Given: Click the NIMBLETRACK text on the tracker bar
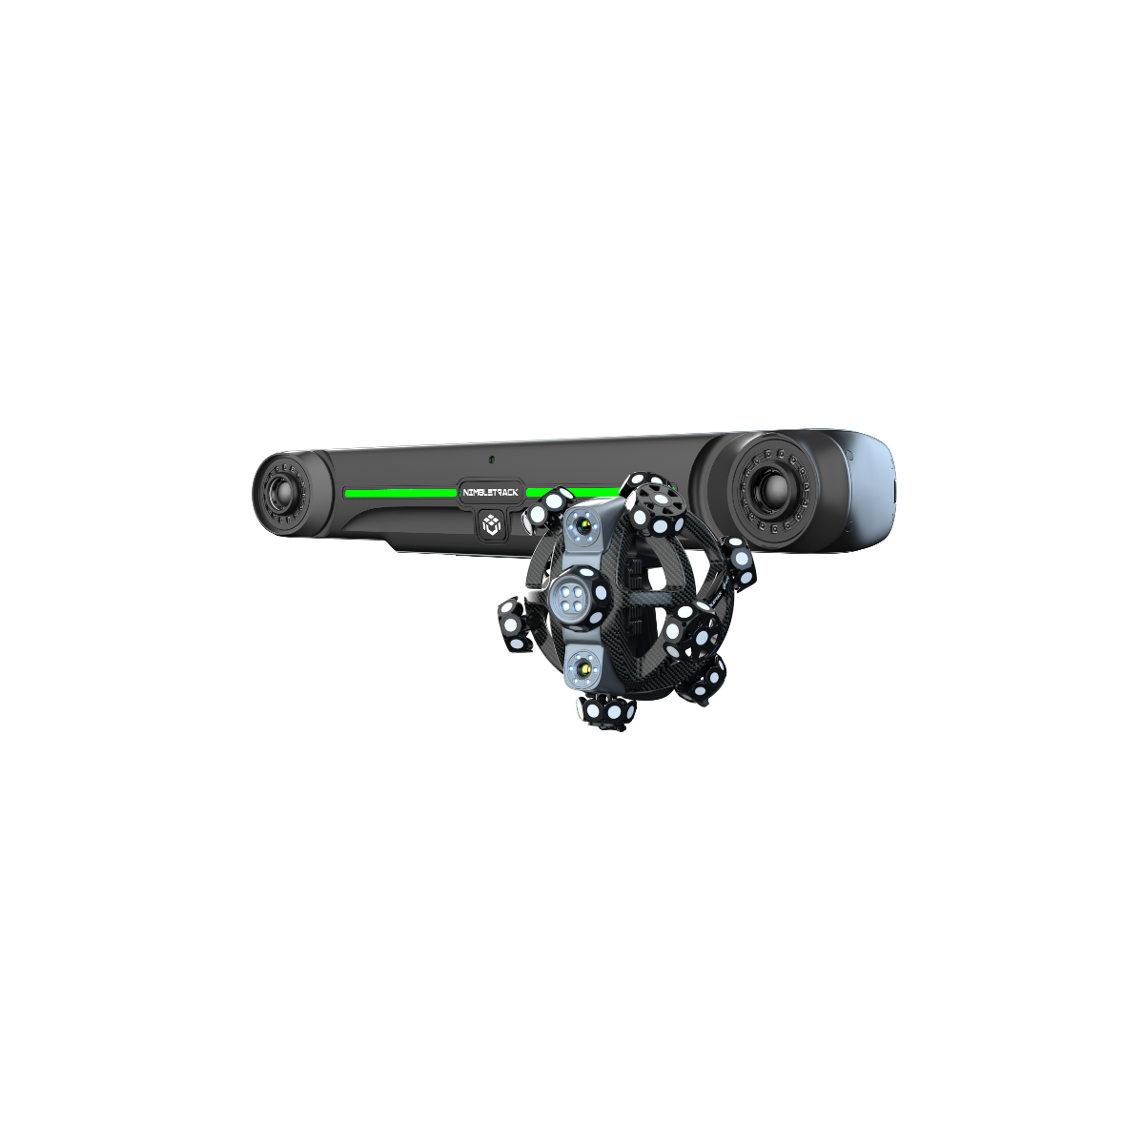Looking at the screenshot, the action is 490,492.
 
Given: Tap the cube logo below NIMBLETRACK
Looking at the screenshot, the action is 492,524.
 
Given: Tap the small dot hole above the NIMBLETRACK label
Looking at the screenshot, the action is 491,459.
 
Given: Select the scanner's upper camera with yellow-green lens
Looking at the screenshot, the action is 585,526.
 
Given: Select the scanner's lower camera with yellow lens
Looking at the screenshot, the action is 584,669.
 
